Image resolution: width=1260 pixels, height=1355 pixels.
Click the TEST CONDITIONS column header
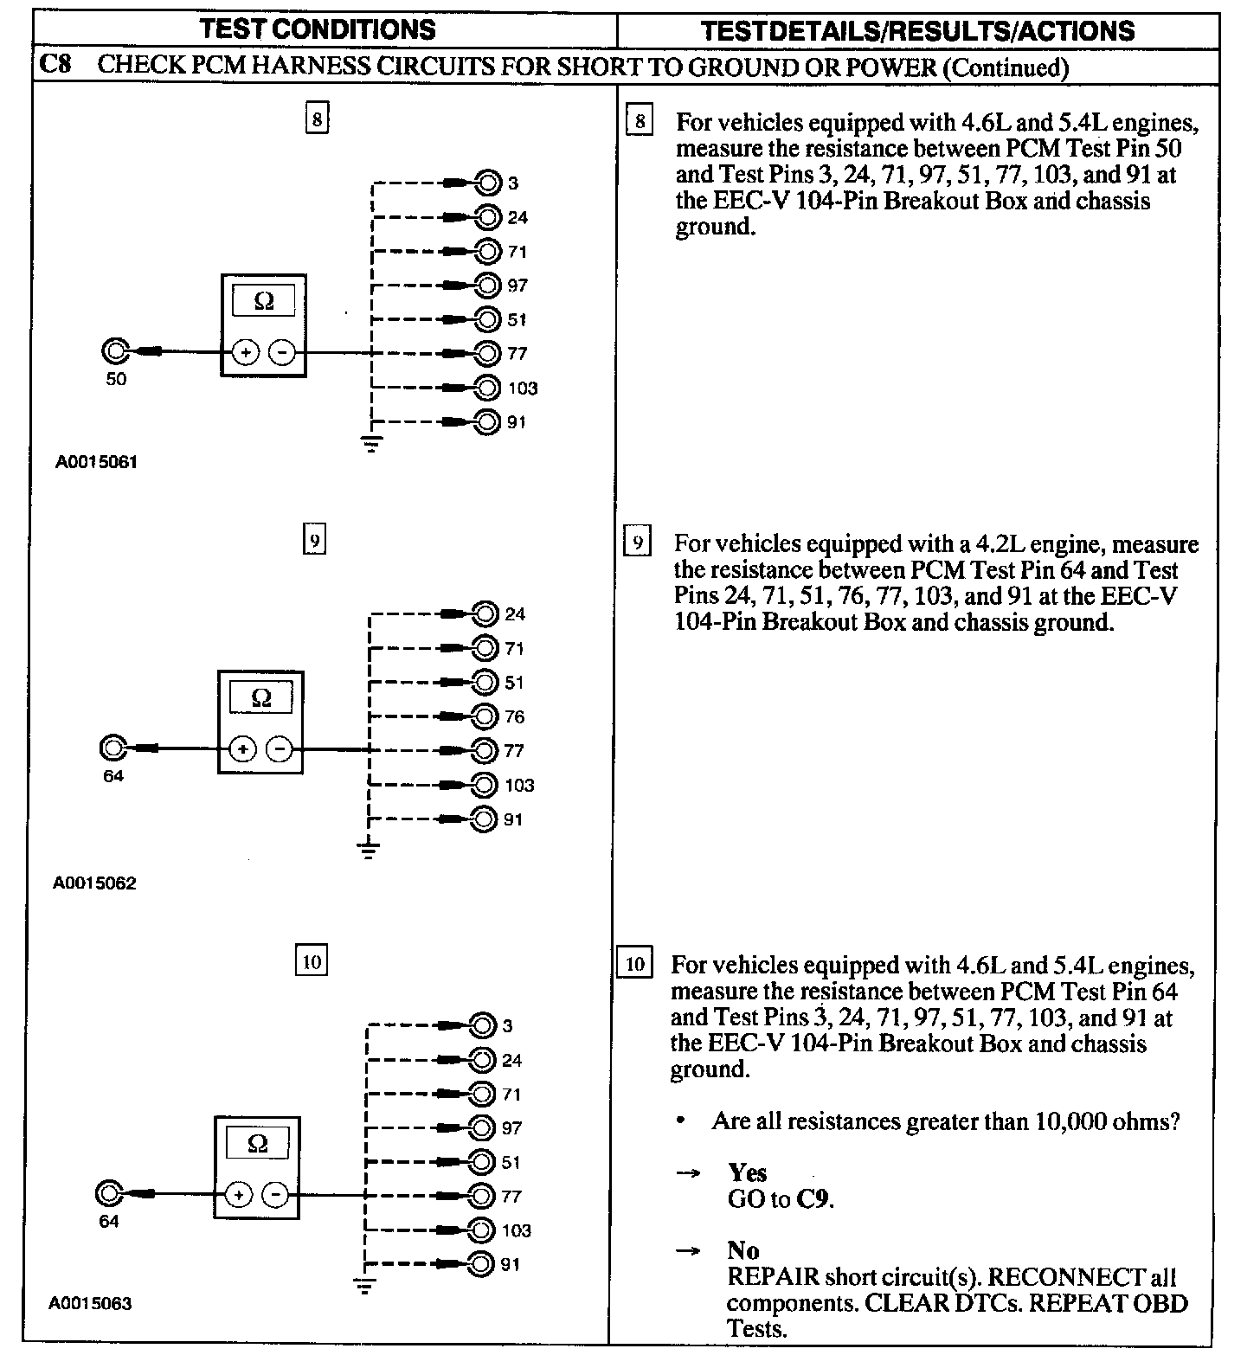(x=318, y=29)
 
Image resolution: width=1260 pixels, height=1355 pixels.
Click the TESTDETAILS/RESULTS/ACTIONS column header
(x=917, y=31)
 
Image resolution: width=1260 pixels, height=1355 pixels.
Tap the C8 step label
(x=55, y=66)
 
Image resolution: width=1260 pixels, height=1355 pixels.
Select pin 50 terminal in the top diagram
(x=115, y=352)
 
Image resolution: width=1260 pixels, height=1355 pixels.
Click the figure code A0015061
(x=97, y=462)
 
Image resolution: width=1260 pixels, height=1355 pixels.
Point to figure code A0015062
(x=95, y=883)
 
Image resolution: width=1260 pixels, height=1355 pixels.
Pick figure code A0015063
(x=91, y=1303)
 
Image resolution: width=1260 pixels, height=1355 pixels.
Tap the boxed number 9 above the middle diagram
(x=314, y=542)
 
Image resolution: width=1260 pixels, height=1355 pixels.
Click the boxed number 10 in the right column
(x=634, y=964)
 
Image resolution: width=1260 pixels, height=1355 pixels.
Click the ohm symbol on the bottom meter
(x=257, y=1144)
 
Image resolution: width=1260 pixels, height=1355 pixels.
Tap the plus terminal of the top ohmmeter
(x=246, y=353)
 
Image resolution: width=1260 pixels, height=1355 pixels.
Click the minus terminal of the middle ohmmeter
(x=279, y=748)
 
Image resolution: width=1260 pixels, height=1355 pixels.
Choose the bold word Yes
(x=747, y=1172)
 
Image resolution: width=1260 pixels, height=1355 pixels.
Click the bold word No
(x=743, y=1250)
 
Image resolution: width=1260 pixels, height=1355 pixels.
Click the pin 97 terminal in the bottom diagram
(x=482, y=1128)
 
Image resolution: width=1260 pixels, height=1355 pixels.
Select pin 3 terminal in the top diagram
(x=488, y=183)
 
